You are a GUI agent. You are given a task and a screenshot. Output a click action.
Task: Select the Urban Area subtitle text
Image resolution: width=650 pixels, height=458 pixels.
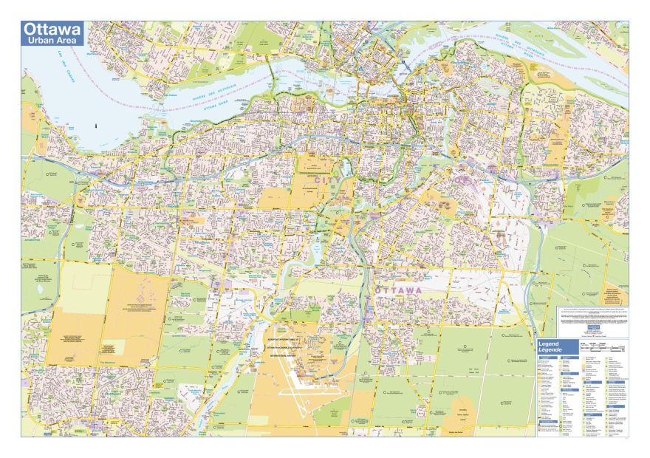point(52,41)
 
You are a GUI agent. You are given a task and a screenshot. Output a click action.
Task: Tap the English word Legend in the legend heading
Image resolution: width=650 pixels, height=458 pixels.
point(550,344)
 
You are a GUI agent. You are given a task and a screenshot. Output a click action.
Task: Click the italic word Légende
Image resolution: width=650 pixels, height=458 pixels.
point(552,350)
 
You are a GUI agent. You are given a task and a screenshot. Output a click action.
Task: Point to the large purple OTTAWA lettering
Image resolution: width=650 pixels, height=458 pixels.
point(399,291)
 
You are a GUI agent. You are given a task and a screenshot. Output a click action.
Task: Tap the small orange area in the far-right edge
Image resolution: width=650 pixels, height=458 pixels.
point(613,294)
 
